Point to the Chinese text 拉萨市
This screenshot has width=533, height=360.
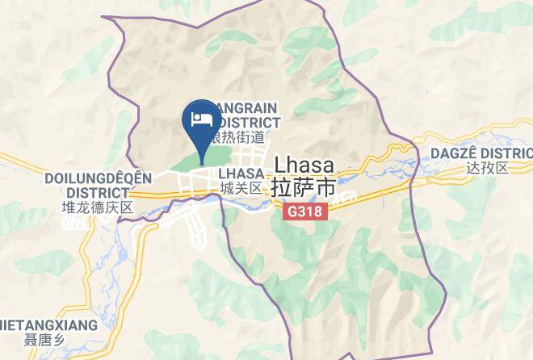click(x=304, y=186)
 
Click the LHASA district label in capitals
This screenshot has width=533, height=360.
click(x=241, y=174)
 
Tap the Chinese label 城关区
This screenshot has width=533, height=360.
click(x=241, y=188)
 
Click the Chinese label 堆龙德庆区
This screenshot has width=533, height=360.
click(x=97, y=207)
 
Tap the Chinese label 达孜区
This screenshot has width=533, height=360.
click(x=488, y=168)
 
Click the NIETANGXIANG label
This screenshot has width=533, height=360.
click(x=48, y=326)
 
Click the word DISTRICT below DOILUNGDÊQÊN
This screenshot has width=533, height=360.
click(x=97, y=193)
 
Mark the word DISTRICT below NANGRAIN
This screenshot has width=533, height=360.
click(x=246, y=122)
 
